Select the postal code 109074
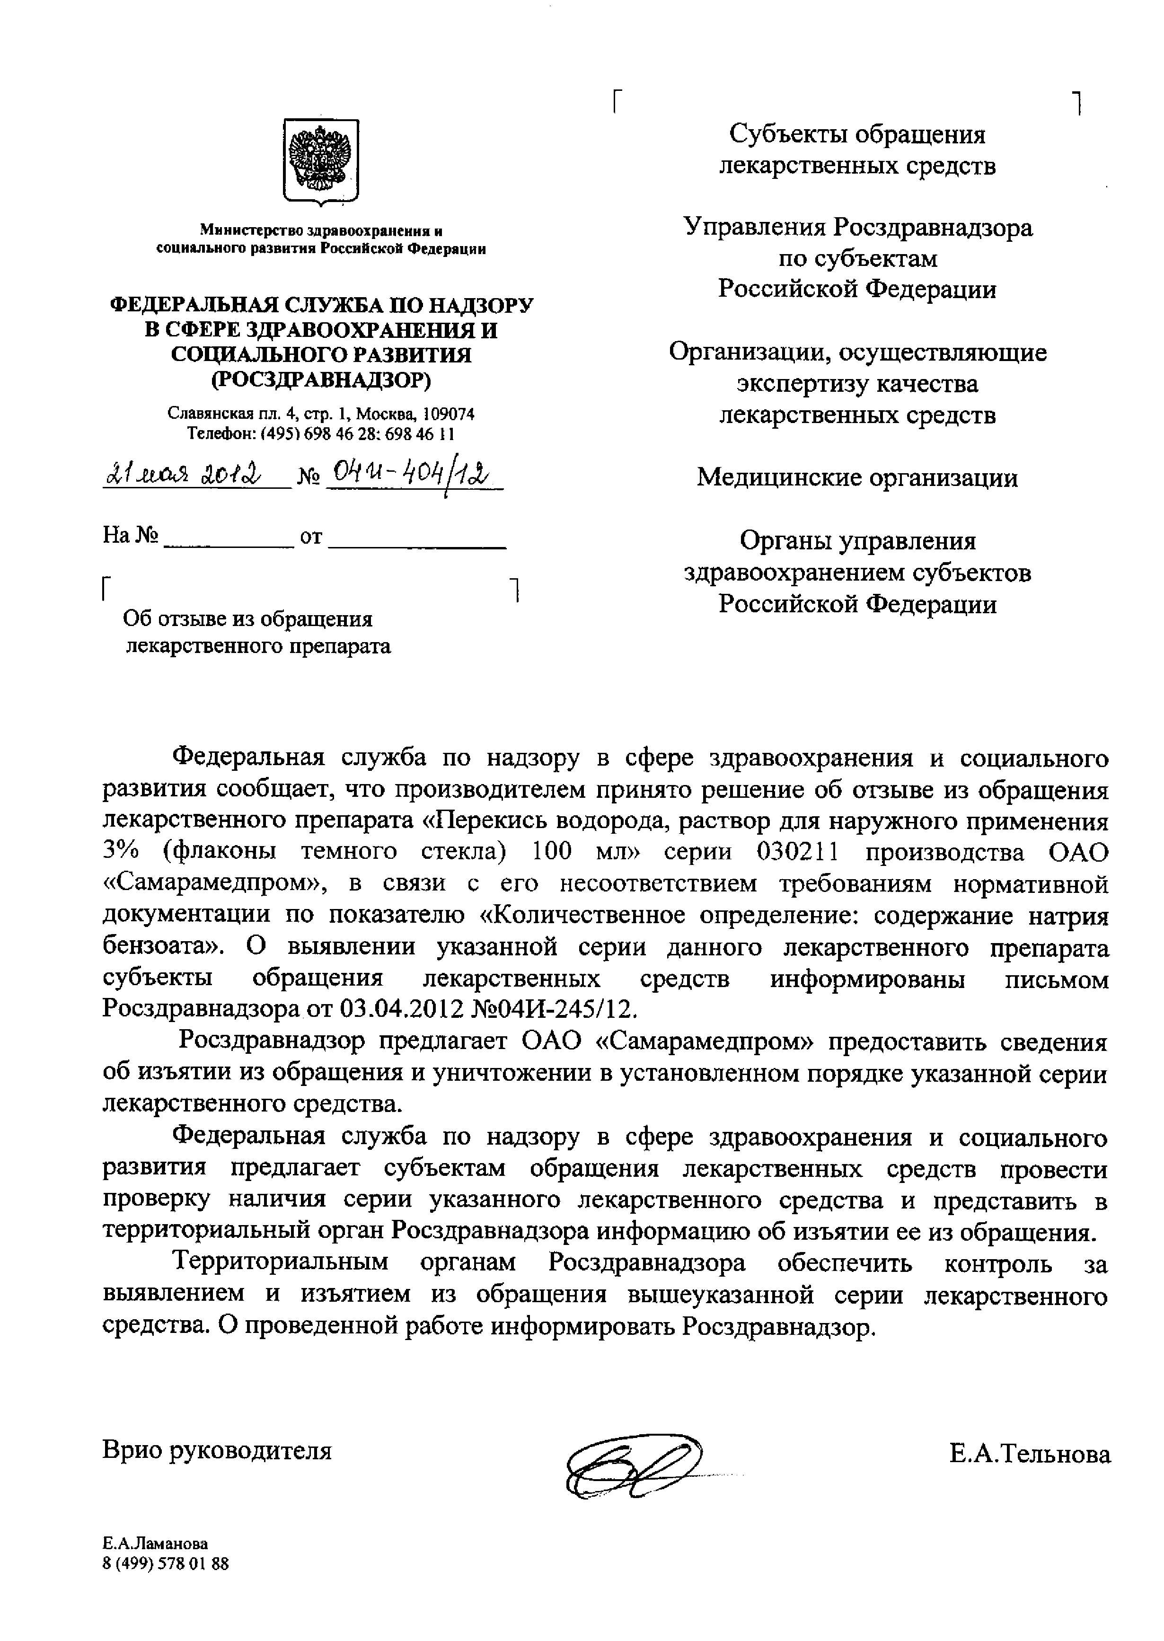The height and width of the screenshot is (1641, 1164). pos(448,414)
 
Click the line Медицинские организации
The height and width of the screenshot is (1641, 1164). pos(857,477)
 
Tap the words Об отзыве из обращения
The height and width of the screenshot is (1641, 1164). pos(248,619)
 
